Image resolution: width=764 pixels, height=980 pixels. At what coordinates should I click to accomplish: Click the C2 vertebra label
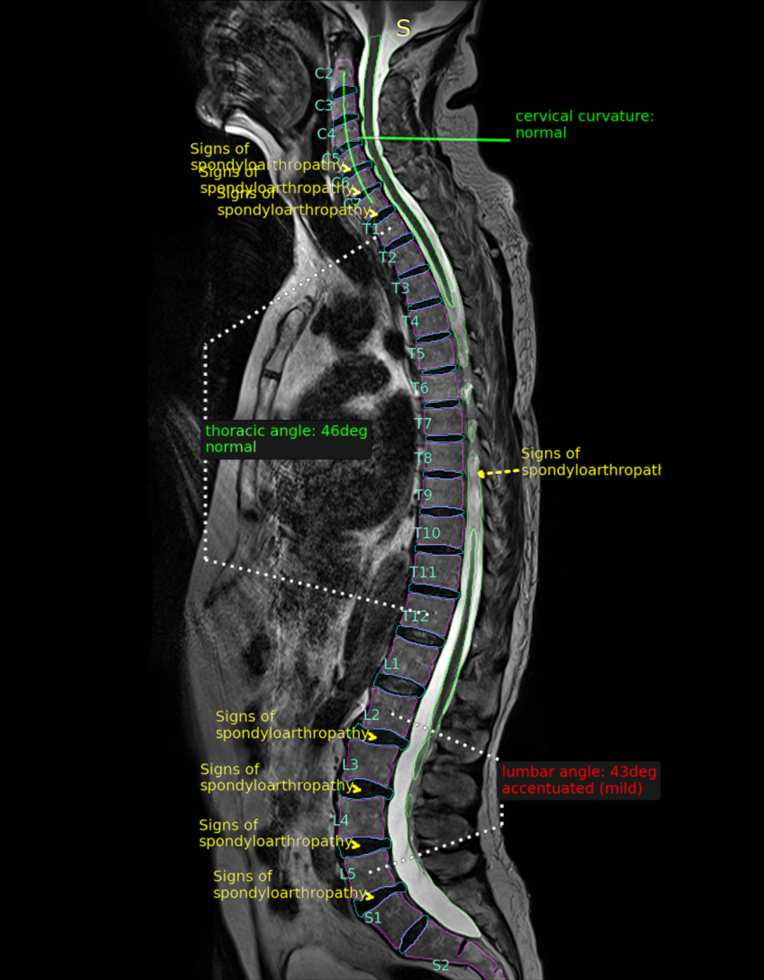pyautogui.click(x=323, y=73)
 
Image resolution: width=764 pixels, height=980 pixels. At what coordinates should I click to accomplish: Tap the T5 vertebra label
pyautogui.click(x=416, y=353)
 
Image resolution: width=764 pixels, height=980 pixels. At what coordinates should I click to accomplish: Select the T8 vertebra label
pyautogui.click(x=423, y=458)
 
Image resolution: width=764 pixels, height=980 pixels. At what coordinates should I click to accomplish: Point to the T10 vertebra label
pyautogui.click(x=427, y=533)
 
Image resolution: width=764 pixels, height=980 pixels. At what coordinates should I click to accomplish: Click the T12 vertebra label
pyautogui.click(x=415, y=616)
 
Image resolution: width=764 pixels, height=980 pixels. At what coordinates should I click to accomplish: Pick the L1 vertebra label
pyautogui.click(x=391, y=663)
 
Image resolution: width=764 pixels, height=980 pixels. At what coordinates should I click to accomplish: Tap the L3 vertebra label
pyautogui.click(x=350, y=764)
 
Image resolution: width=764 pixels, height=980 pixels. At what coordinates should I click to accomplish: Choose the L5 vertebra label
pyautogui.click(x=347, y=874)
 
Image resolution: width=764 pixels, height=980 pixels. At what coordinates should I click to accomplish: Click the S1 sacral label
pyautogui.click(x=373, y=917)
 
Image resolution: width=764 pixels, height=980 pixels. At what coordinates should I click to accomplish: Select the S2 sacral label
pyautogui.click(x=441, y=965)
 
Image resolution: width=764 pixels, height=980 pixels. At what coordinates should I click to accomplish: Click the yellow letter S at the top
pyautogui.click(x=403, y=28)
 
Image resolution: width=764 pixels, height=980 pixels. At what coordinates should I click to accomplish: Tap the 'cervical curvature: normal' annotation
pyautogui.click(x=584, y=124)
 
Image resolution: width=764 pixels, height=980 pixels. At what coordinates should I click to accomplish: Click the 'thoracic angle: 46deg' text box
pyautogui.click(x=286, y=439)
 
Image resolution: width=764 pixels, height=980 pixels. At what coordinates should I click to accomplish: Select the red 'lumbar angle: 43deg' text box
pyautogui.click(x=579, y=780)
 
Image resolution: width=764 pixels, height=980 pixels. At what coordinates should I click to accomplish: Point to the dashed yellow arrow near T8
pyautogui.click(x=498, y=473)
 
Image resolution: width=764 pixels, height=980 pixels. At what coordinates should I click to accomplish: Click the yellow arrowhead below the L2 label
pyautogui.click(x=372, y=736)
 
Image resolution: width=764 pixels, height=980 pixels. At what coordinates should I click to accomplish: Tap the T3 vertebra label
pyautogui.click(x=400, y=288)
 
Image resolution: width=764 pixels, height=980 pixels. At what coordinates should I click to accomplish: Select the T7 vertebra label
pyautogui.click(x=423, y=424)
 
